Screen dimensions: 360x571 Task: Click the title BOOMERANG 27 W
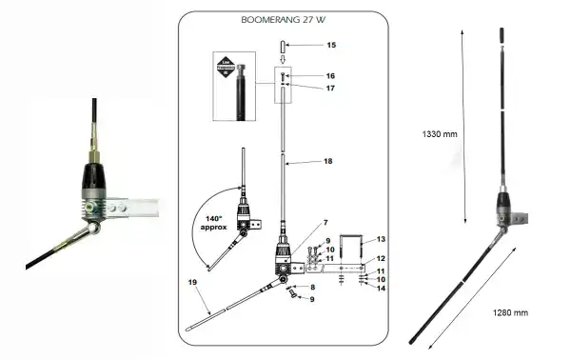click(x=285, y=18)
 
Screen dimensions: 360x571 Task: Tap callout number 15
click(x=331, y=45)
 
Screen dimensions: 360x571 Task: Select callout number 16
click(x=331, y=75)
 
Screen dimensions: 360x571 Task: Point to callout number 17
click(x=331, y=88)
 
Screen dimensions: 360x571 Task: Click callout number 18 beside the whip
click(x=328, y=163)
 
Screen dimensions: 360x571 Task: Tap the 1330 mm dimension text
click(x=440, y=134)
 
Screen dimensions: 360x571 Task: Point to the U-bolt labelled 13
click(x=358, y=250)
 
